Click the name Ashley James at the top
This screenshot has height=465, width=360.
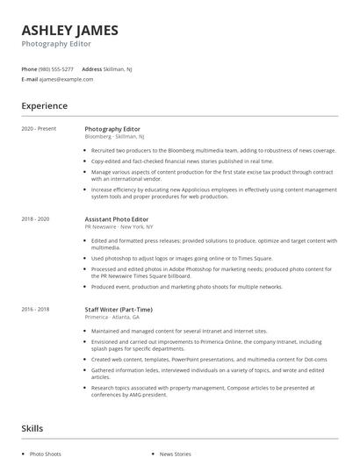pyautogui.click(x=69, y=31)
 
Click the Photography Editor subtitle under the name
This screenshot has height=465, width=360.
pyautogui.click(x=56, y=44)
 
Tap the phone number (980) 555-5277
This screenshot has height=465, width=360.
pyautogui.click(x=56, y=68)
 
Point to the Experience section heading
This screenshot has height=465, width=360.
pyautogui.click(x=44, y=106)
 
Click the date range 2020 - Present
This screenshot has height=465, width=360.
pyautogui.click(x=39, y=129)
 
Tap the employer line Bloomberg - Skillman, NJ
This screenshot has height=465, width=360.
pyautogui.click(x=115, y=137)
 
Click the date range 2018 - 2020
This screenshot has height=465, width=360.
pyautogui.click(x=35, y=218)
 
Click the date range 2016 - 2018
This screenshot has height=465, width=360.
pyautogui.click(x=35, y=309)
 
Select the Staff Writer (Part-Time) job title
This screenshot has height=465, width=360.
pyautogui.click(x=119, y=309)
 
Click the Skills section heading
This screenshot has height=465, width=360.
pyautogui.click(x=32, y=428)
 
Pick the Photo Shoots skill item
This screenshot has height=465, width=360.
pyautogui.click(x=46, y=454)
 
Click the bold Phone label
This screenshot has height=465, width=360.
pyautogui.click(x=29, y=68)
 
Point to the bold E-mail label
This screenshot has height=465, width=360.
pyautogui.click(x=30, y=79)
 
